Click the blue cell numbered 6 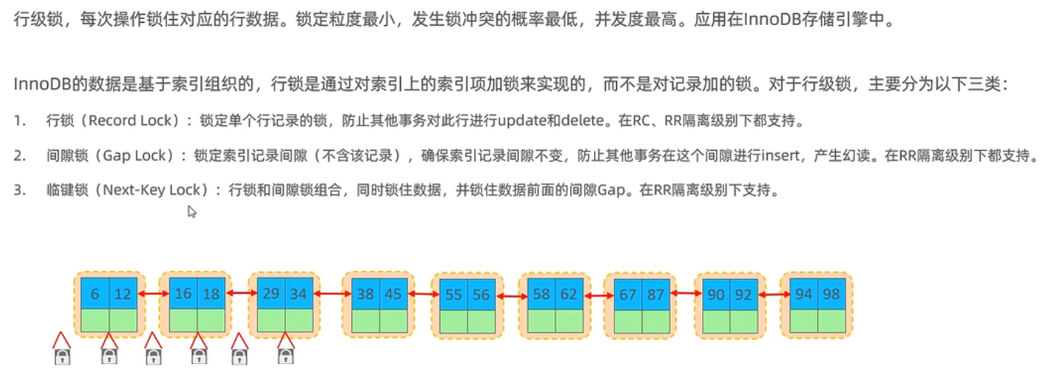95,294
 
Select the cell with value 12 124,294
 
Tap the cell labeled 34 299,293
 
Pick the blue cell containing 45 393,294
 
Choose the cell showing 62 570,295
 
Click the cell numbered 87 656,295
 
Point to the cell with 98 831,294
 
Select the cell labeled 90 715,295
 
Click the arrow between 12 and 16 153,294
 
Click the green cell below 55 453,321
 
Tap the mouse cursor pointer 191,212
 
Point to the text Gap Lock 132,155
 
